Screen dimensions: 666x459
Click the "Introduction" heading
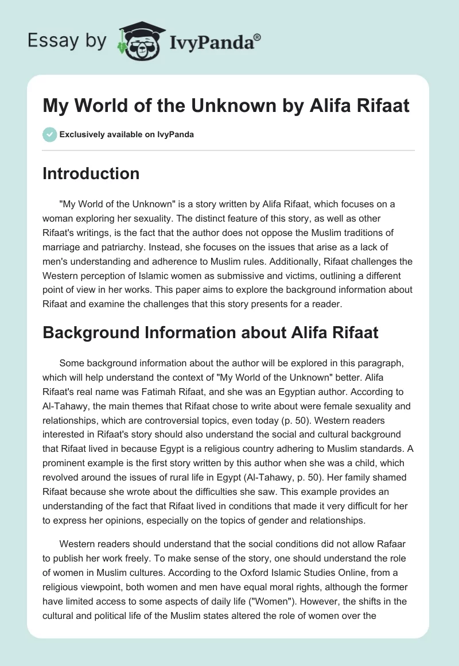(x=91, y=174)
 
